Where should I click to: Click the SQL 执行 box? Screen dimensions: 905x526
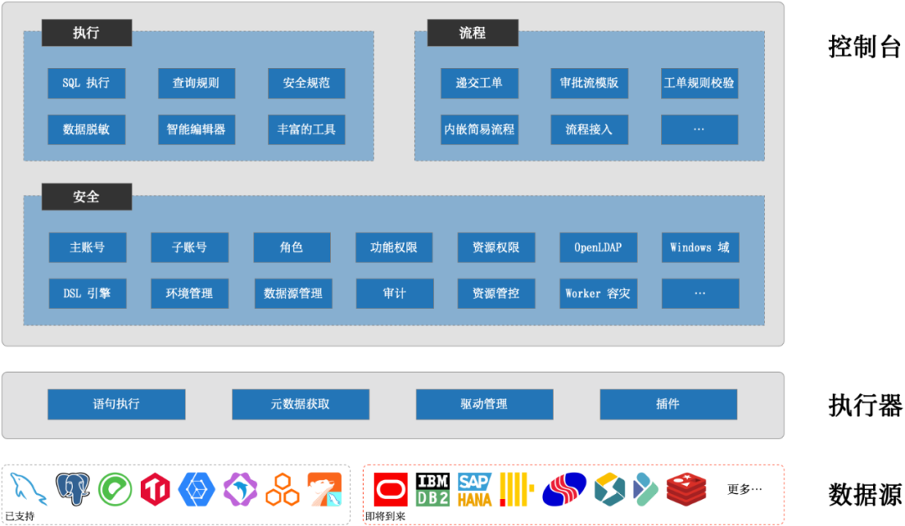(x=86, y=83)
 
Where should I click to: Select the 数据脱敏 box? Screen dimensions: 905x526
(x=86, y=130)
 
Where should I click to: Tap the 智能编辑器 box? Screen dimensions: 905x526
(x=196, y=130)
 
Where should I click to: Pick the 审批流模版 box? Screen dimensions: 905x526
(x=589, y=83)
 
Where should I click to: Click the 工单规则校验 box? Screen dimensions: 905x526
(x=699, y=83)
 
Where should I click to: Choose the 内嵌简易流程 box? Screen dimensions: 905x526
(x=479, y=130)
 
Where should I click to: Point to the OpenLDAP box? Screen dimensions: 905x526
(x=598, y=247)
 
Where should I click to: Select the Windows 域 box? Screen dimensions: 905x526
(x=700, y=247)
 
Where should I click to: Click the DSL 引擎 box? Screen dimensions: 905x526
(x=87, y=294)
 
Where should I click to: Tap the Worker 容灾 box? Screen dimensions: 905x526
(x=598, y=294)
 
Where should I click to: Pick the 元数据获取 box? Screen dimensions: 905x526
(x=300, y=404)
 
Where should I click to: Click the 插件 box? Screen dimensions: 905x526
(x=668, y=404)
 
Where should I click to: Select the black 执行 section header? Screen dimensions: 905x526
(x=86, y=33)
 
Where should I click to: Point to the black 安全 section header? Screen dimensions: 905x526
(x=86, y=196)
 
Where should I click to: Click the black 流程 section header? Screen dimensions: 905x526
(x=473, y=33)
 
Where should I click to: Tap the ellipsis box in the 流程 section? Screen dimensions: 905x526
(x=699, y=130)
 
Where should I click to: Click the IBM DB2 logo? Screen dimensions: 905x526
(x=432, y=489)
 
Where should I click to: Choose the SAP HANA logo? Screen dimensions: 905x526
(x=475, y=489)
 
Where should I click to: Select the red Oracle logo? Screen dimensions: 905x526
(x=390, y=489)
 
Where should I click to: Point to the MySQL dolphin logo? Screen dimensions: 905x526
(x=29, y=489)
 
